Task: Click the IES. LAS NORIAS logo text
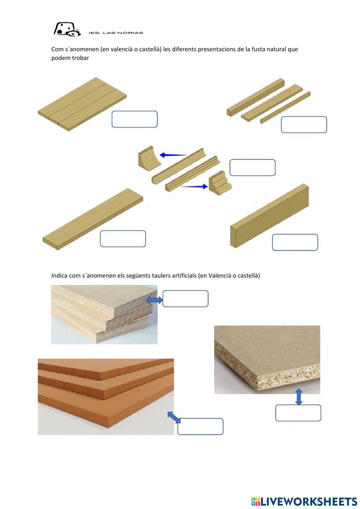[x=116, y=33]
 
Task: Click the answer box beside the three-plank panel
[x=134, y=119]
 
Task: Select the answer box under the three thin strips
[x=303, y=125]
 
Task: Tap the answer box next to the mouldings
[x=252, y=168]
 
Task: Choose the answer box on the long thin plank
[x=123, y=239]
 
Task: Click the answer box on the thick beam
[x=295, y=242]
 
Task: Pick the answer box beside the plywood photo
[x=185, y=299]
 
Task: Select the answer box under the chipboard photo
[x=298, y=413]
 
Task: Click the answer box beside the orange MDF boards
[x=200, y=427]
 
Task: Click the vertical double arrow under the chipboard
[x=298, y=397]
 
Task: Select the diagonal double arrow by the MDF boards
[x=174, y=418]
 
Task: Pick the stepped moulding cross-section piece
[x=220, y=183]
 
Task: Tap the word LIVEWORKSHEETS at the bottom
[x=309, y=501]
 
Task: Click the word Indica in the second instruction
[x=59, y=276]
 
